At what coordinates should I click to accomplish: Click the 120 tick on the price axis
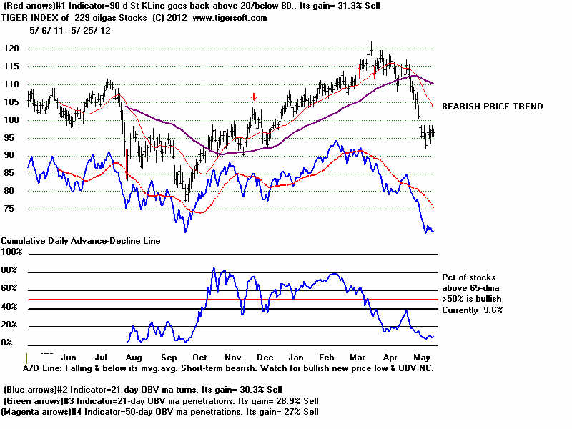11,49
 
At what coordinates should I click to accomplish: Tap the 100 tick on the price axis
11,119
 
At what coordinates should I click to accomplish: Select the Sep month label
169,355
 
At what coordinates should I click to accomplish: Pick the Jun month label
69,355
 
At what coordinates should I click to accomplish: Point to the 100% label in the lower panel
12,252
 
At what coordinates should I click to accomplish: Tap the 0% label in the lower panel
7,342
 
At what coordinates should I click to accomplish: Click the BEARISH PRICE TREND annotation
492,107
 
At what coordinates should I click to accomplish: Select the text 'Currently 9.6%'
473,310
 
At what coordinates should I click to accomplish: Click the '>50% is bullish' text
473,298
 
